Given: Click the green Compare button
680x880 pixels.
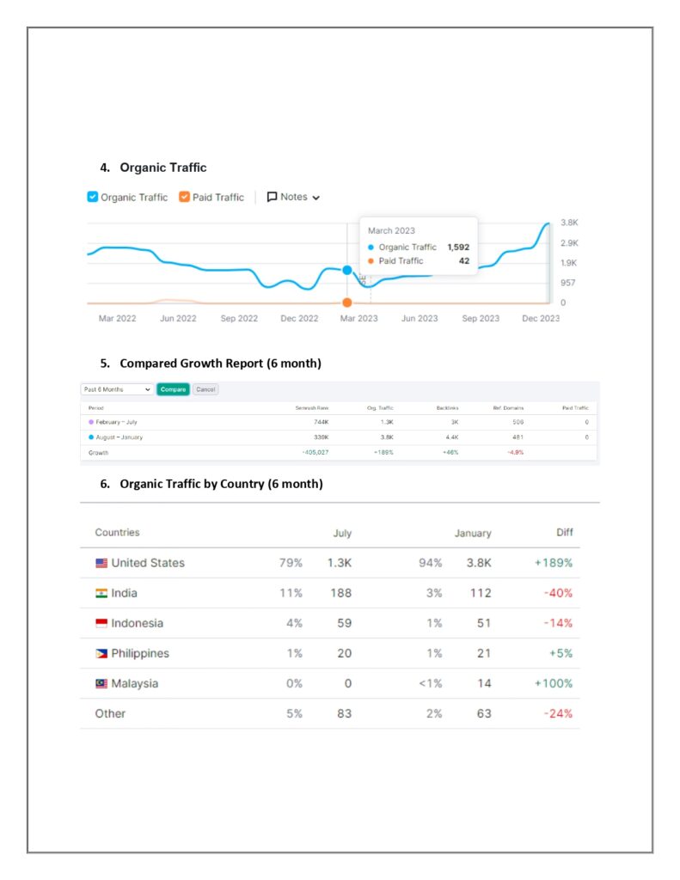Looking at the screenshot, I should (x=173, y=389).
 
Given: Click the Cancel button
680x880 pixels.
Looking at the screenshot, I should (x=205, y=389).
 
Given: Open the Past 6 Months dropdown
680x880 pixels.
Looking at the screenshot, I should (x=117, y=389).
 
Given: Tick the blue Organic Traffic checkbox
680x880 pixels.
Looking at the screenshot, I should (x=93, y=197).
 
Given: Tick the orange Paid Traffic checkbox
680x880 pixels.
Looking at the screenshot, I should (x=184, y=197).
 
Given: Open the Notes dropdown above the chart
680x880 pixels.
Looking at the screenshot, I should (x=293, y=197).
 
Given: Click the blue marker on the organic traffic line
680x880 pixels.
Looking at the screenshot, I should (x=347, y=270).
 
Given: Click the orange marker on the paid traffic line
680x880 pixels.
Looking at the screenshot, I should (x=347, y=302).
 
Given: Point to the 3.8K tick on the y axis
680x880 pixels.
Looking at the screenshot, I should (x=568, y=223).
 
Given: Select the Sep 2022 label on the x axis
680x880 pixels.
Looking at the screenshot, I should (x=239, y=319).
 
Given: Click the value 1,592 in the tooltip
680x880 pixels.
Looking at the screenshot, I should (x=458, y=247).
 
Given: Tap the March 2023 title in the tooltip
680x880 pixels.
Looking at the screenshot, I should (x=391, y=230).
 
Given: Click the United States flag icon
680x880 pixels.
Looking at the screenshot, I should (x=101, y=563).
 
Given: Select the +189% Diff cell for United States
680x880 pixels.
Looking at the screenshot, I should (x=553, y=563).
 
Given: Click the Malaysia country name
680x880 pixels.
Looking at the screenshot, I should (x=135, y=683).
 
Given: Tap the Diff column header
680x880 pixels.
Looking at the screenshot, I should (x=564, y=533).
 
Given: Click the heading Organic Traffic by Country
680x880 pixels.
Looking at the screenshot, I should (x=221, y=484).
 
